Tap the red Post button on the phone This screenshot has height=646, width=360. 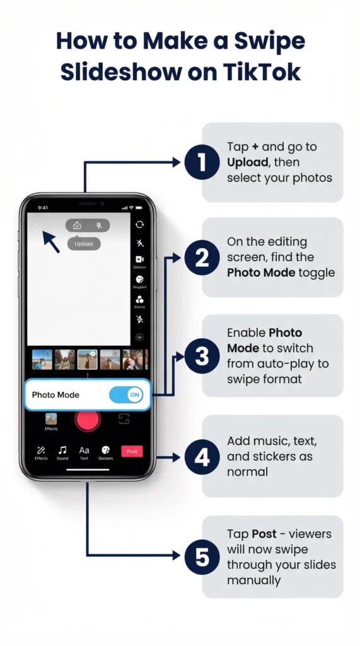[x=132, y=451]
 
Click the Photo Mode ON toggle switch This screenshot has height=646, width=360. [x=126, y=395]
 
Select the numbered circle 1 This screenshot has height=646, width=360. [x=201, y=162]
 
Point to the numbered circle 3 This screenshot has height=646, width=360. [x=201, y=356]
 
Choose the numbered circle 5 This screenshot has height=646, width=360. [x=201, y=556]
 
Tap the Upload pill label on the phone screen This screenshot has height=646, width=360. [x=84, y=244]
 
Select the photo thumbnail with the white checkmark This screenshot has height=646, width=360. [x=87, y=360]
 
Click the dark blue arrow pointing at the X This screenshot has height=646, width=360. [x=50, y=242]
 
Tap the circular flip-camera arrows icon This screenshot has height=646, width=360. [x=139, y=225]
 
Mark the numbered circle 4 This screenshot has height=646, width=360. [x=201, y=456]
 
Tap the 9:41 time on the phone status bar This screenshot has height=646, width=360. [x=43, y=208]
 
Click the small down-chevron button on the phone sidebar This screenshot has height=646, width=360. [x=139, y=338]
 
